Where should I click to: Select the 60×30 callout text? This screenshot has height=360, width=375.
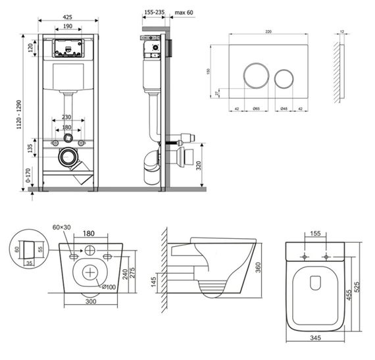coord(61,228)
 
